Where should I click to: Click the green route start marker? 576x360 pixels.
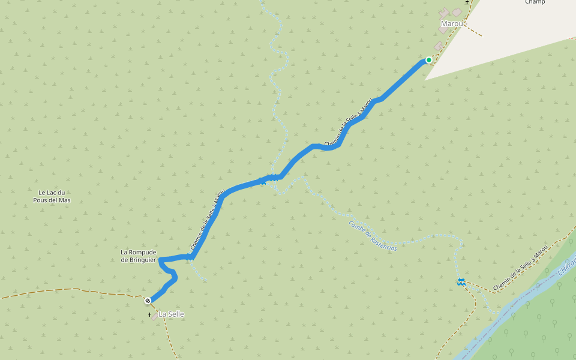pos(428,60)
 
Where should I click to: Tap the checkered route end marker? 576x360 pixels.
pos(148,300)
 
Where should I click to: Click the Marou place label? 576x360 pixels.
pos(452,24)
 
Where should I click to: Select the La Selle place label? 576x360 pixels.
pos(171,314)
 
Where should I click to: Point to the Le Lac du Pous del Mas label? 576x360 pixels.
pos(52,196)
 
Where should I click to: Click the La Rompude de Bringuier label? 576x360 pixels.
pos(138,256)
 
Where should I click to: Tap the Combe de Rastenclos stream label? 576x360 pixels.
pos(373,236)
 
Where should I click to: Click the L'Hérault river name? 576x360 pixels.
pos(566,265)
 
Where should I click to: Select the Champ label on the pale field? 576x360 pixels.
pos(535,2)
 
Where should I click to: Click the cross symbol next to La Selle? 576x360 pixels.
pos(150,314)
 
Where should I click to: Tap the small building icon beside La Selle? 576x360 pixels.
pos(155,315)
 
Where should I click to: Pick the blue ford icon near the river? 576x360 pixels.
pos(461,281)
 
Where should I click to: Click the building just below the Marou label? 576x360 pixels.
pos(443,29)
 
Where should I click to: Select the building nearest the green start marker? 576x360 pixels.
pos(439,46)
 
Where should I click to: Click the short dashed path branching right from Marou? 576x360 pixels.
pos(473,30)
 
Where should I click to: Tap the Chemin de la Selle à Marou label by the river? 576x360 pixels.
pos(520,272)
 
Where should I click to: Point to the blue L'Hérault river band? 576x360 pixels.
pos(516,306)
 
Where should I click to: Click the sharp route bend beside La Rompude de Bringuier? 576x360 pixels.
pos(161,259)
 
